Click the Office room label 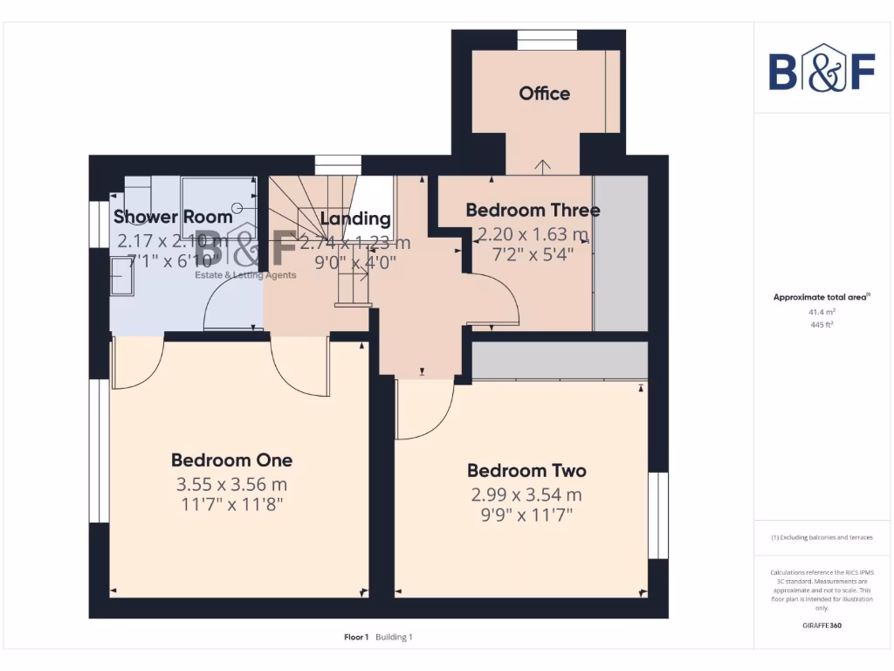point(544,93)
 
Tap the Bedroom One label point(231,460)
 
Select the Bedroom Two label point(526,471)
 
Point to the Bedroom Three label point(533,211)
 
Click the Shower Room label point(173,217)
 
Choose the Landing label point(354,218)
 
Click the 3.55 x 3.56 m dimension point(231,484)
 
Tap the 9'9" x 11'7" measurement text point(526,515)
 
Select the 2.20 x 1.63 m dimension point(533,234)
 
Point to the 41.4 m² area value point(822,311)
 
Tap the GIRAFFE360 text point(822,626)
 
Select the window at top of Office point(547,40)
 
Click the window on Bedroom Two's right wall point(658,515)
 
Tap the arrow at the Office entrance point(543,165)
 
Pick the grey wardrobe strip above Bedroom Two point(559,360)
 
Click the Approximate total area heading point(822,297)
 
